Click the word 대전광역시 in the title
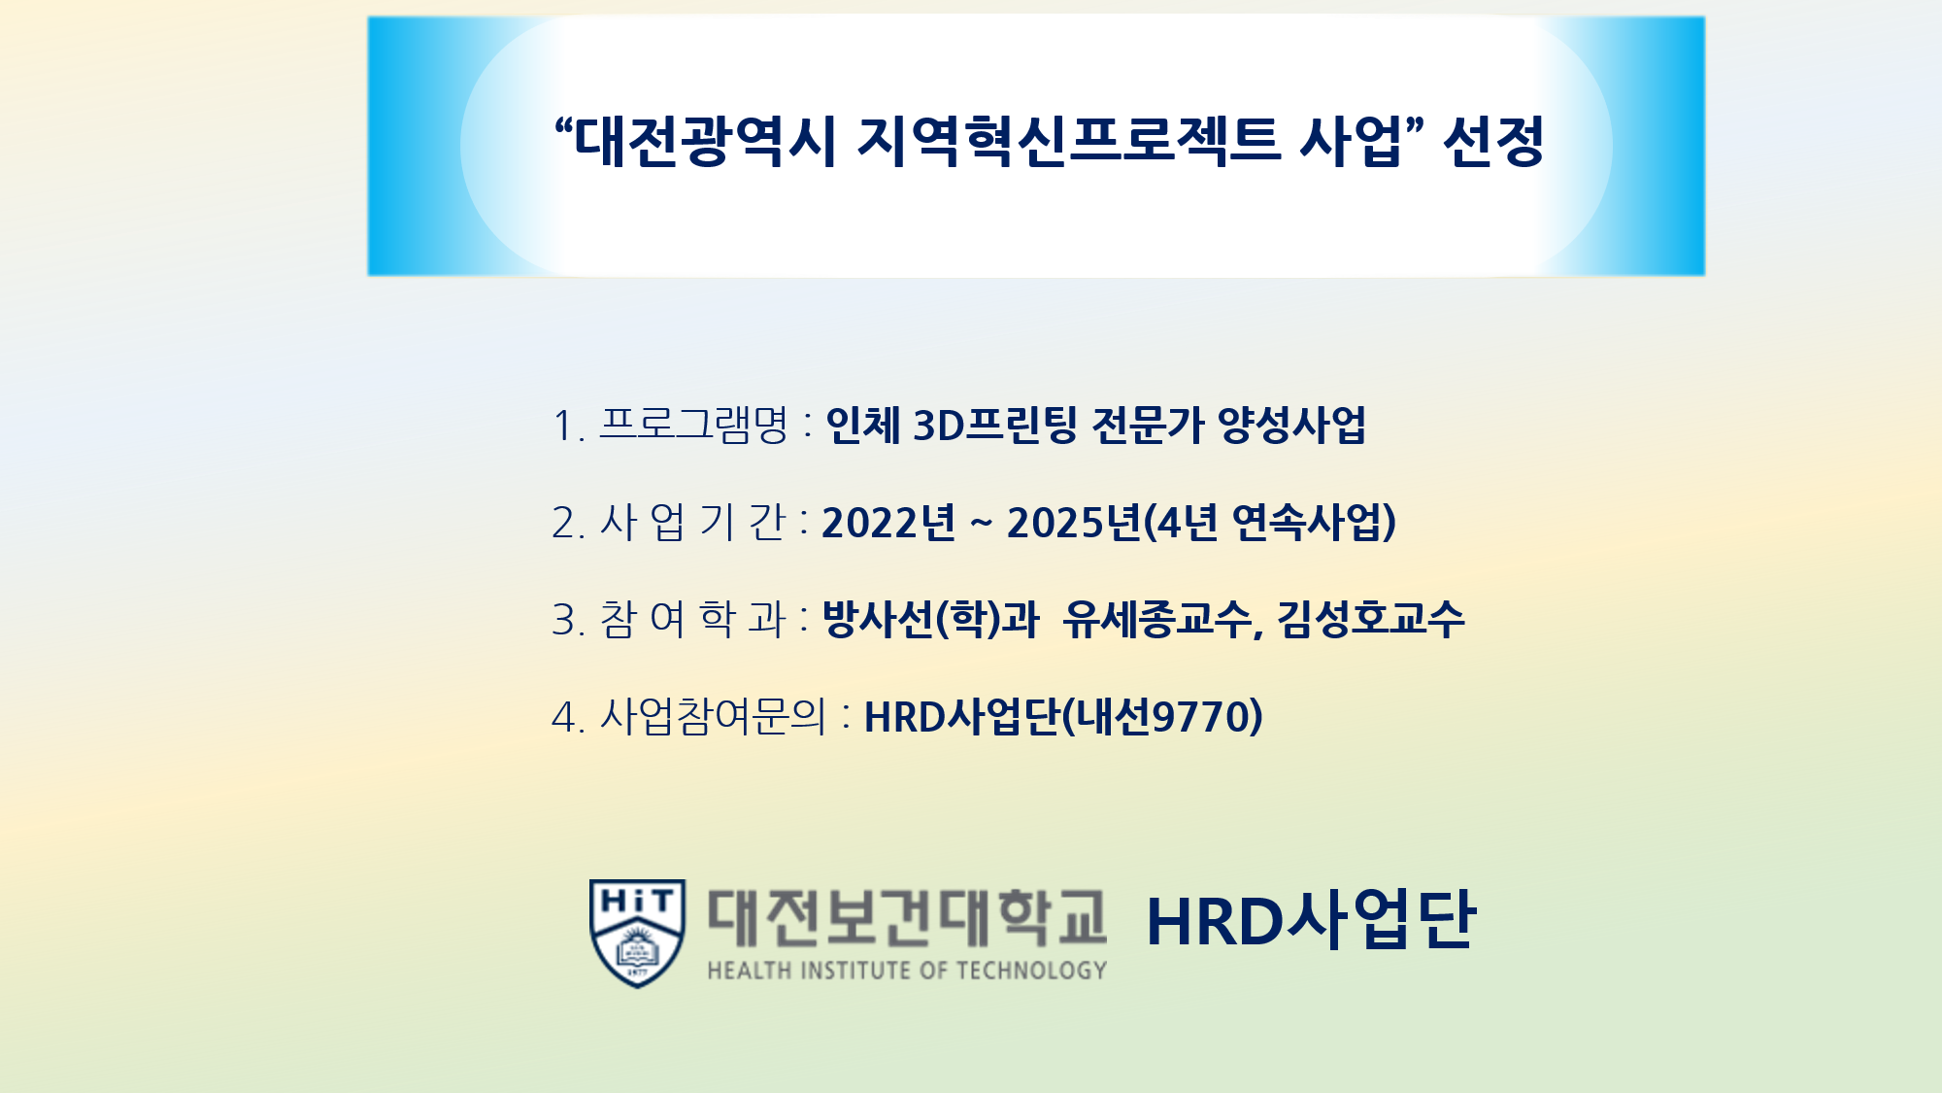click(705, 142)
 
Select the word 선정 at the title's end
click(1493, 142)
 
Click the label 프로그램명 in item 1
click(694, 425)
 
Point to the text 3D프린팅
click(995, 425)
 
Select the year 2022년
click(888, 522)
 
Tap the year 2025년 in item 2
click(1074, 522)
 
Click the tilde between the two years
click(982, 525)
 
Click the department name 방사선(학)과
click(930, 619)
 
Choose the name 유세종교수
click(1157, 619)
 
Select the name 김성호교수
click(1370, 619)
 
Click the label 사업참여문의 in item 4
click(714, 716)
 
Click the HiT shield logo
click(637, 933)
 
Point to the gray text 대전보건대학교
click(907, 917)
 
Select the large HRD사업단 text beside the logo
click(1311, 919)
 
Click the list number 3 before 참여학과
click(563, 620)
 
